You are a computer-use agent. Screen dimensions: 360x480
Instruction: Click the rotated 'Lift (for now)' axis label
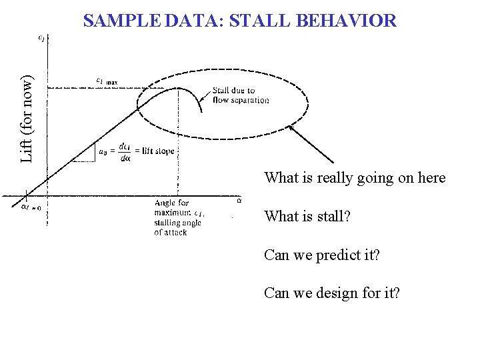pos(27,118)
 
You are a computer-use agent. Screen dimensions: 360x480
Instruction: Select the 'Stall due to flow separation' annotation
pos(241,95)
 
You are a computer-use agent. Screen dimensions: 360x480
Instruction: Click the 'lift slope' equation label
pos(137,151)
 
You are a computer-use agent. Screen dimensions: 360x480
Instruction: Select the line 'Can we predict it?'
pos(322,254)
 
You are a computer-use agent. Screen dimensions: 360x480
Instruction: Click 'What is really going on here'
pos(355,178)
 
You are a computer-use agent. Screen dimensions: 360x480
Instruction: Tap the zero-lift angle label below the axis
pos(28,207)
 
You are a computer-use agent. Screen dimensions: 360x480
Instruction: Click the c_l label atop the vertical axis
pos(41,38)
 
